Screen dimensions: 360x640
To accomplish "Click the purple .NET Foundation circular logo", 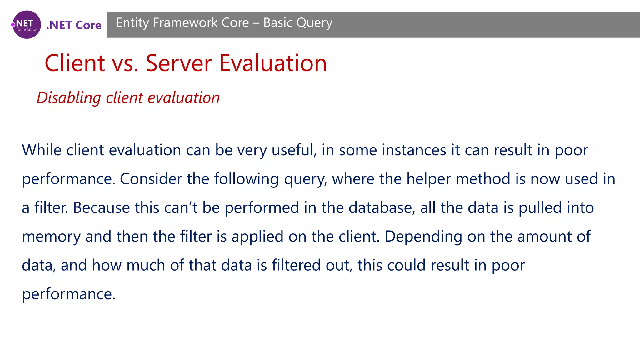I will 27,25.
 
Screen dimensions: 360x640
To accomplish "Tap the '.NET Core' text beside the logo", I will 74,25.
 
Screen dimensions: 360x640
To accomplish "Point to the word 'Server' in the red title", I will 179,63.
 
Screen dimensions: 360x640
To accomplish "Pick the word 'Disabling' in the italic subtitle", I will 68,98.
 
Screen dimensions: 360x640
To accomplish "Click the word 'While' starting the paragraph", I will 41,150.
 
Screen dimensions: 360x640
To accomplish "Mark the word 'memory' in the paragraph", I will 51,237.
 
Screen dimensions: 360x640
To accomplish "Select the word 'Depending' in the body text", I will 423,237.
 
